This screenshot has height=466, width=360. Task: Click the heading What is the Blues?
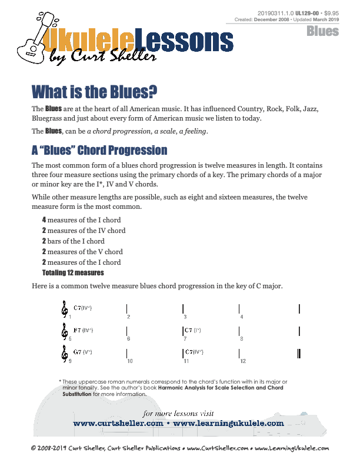click(x=94, y=92)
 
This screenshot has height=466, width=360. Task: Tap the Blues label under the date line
click(x=322, y=31)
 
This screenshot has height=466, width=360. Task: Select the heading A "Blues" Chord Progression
click(x=99, y=151)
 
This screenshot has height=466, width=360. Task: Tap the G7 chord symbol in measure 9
click(x=77, y=352)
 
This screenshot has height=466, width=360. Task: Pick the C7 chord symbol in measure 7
click(x=188, y=330)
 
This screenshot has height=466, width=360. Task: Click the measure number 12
click(x=242, y=361)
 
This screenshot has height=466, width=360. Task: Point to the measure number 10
click(x=129, y=361)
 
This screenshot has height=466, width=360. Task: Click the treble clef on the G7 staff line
click(x=64, y=353)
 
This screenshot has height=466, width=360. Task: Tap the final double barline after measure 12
click(x=299, y=353)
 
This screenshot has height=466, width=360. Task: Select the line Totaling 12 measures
click(x=73, y=273)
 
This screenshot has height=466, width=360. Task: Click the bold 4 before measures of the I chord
click(x=44, y=220)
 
